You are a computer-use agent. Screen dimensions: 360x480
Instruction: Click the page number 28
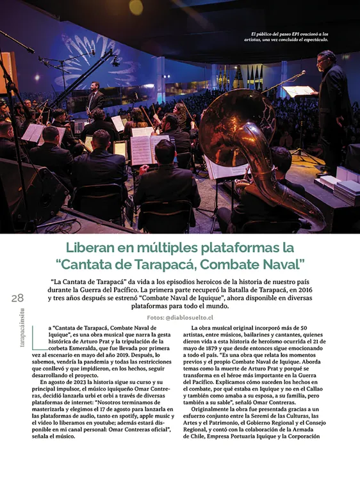(x=17, y=298)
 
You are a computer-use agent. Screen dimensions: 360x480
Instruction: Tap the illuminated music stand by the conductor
(x=298, y=92)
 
